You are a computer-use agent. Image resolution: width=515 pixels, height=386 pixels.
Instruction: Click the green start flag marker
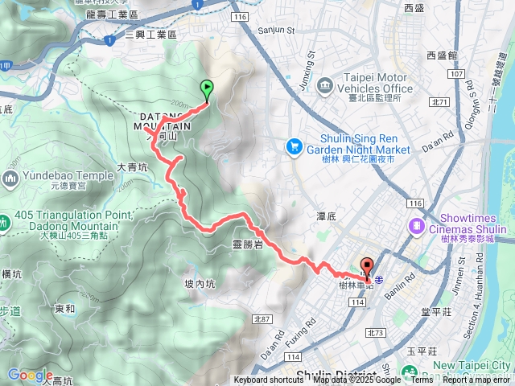click(207, 91)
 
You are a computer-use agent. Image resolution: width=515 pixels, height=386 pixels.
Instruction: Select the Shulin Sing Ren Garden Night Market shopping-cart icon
click(294, 146)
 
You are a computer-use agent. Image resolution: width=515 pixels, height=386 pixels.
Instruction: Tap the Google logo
click(30, 374)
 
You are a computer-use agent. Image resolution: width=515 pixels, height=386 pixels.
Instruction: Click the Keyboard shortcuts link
click(269, 380)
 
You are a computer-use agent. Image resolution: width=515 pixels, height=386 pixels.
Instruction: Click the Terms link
click(422, 380)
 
